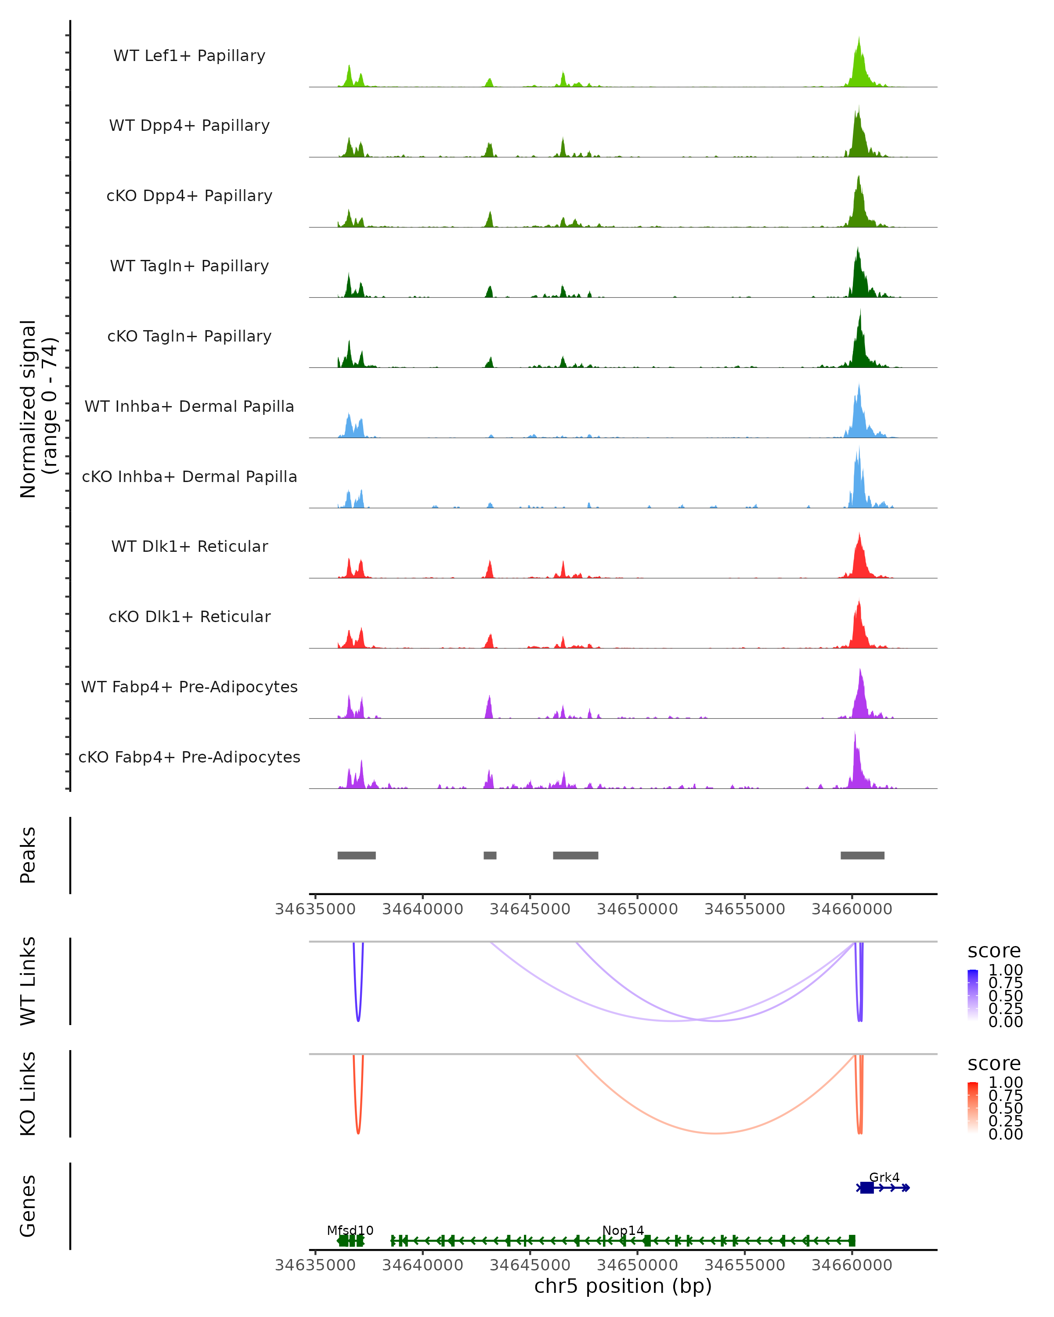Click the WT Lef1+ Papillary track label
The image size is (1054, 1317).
pyautogui.click(x=189, y=56)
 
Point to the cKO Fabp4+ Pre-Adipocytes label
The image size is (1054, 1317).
pyautogui.click(x=189, y=757)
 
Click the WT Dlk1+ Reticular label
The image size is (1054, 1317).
pyautogui.click(x=189, y=546)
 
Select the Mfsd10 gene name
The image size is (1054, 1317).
pyautogui.click(x=350, y=1230)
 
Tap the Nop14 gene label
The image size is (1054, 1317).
pyautogui.click(x=623, y=1230)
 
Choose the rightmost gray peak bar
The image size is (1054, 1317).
pyautogui.click(x=862, y=855)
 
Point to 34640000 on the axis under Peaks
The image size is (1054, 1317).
pyautogui.click(x=423, y=909)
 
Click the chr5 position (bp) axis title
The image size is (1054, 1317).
pyautogui.click(x=623, y=1286)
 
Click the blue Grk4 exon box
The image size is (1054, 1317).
pyautogui.click(x=866, y=1187)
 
